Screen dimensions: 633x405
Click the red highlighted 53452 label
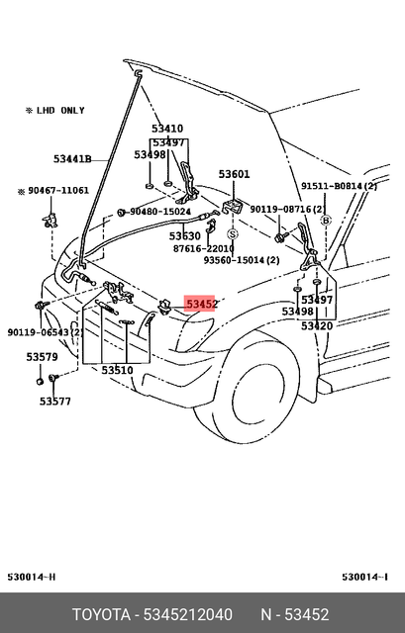201,304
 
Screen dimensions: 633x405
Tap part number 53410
167,129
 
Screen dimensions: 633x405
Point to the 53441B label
72,158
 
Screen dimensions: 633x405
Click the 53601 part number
234,174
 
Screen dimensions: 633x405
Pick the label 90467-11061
57,190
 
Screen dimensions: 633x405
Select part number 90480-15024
159,212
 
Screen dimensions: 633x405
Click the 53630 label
184,236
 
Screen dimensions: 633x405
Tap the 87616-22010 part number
203,248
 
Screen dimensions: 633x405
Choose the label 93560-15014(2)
242,260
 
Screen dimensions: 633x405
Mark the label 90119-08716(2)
286,210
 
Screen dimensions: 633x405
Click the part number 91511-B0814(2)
340,186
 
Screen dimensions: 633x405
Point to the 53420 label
317,325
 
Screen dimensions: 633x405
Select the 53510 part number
117,370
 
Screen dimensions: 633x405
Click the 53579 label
42,356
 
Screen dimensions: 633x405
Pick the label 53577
55,401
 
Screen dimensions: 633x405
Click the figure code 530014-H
33,577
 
